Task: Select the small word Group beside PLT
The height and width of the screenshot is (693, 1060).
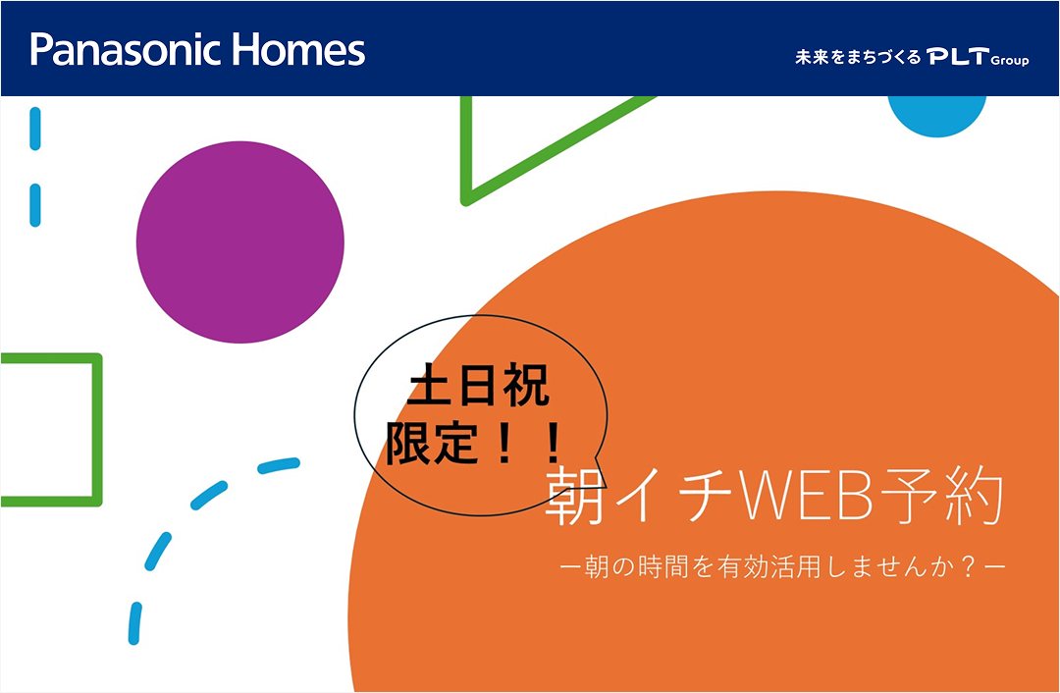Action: click(x=1010, y=61)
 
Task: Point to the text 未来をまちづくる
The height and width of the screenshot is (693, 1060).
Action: click(x=858, y=58)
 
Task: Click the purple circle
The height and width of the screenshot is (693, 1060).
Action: click(x=240, y=242)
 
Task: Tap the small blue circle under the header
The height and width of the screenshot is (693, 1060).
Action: click(x=936, y=111)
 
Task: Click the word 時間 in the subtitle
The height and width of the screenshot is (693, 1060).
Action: click(x=674, y=567)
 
